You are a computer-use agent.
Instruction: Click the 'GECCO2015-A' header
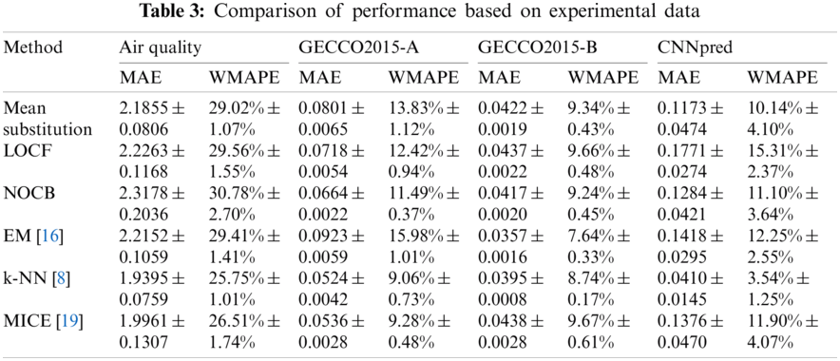pos(345,47)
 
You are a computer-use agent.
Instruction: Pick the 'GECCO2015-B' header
pos(524,47)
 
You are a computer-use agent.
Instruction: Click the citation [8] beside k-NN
pos(56,279)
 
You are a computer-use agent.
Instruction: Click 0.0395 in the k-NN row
pos(500,279)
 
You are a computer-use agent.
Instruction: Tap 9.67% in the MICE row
pos(586,322)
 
